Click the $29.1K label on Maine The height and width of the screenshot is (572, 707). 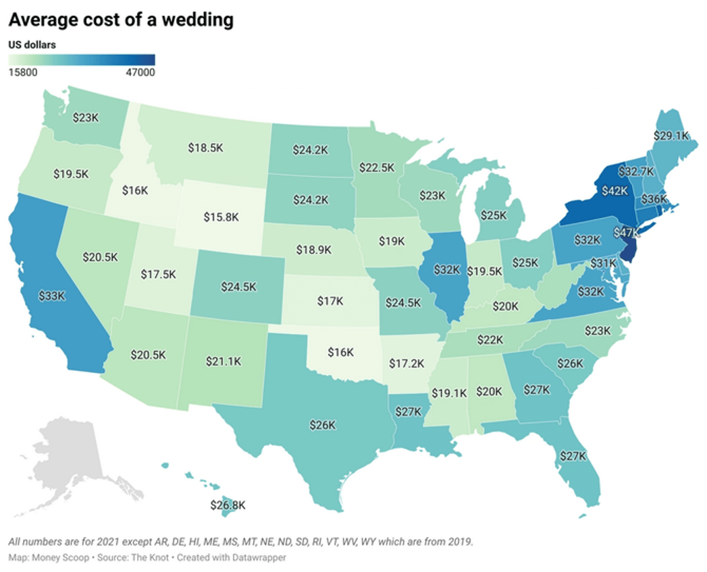tap(671, 136)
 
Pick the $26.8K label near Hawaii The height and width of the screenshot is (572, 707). tap(226, 505)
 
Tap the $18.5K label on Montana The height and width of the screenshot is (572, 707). tap(204, 148)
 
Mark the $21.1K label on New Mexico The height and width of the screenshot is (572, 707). tap(223, 362)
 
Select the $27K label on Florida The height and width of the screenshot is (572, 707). tap(573, 456)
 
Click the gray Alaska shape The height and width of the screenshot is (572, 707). tap(68, 452)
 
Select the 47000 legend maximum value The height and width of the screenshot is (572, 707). tap(140, 73)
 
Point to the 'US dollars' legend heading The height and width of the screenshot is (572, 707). tap(32, 45)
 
